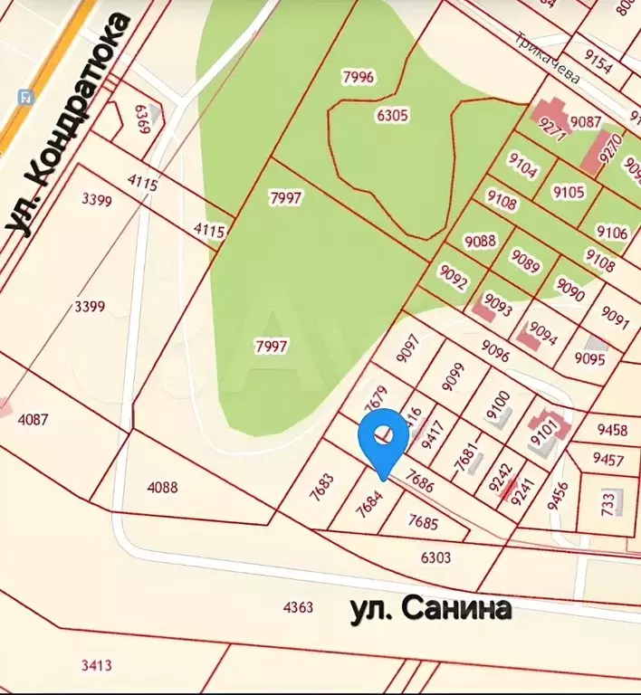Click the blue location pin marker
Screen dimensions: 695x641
pos(383,439)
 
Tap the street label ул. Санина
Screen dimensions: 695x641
pos(431,609)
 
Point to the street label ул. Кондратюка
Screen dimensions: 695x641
pos(69,127)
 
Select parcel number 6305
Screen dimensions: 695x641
pos(392,115)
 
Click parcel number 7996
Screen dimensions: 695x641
pos(358,77)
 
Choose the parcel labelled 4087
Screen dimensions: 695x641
pos(33,419)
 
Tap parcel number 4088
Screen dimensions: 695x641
pos(163,487)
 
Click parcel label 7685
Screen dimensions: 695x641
pos(424,522)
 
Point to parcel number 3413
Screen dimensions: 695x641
pos(96,666)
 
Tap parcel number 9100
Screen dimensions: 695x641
pos(499,403)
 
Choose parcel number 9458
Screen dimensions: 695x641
pos(612,429)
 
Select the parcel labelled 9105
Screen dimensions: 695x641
pos(569,192)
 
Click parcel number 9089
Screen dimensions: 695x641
pos(525,260)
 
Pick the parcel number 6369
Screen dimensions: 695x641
pos(141,119)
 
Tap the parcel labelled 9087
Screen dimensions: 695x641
pos(586,122)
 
